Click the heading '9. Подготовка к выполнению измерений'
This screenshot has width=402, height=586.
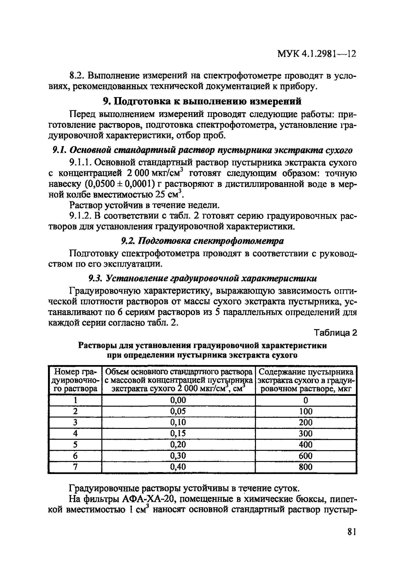click(x=202, y=101)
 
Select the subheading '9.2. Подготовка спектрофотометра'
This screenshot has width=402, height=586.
click(x=202, y=241)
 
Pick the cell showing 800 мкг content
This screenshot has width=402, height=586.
click(x=305, y=467)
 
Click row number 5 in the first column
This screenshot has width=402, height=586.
click(x=75, y=444)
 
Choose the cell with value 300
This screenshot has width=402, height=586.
click(x=305, y=433)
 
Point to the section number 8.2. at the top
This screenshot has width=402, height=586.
click(x=76, y=76)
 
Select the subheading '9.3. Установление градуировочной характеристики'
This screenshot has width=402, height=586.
click(x=202, y=278)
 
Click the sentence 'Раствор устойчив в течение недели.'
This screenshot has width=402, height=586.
click(x=144, y=205)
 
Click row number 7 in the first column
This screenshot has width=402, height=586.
click(x=75, y=467)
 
